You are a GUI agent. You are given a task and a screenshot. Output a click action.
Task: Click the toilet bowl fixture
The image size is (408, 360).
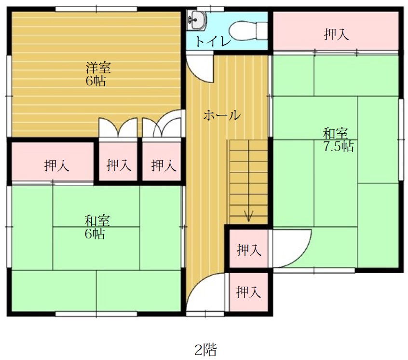click(248, 31)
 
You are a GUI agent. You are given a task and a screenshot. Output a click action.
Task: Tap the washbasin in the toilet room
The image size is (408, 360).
click(197, 20)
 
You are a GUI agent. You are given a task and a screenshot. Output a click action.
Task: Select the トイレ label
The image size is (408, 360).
click(213, 42)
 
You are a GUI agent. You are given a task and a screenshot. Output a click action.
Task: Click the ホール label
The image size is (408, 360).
click(222, 115)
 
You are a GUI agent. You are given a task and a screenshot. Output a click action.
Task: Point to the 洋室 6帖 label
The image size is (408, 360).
click(98, 74)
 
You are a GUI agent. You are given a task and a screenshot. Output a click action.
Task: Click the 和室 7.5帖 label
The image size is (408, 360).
click(338, 140)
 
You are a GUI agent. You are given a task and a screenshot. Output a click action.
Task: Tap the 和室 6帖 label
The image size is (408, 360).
click(96, 227)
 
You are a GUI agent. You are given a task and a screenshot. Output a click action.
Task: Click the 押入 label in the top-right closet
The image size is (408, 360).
click(336, 34)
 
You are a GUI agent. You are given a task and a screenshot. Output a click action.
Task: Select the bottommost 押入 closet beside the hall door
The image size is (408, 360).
click(248, 291)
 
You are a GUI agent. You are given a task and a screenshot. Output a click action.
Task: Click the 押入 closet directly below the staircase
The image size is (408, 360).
click(248, 249)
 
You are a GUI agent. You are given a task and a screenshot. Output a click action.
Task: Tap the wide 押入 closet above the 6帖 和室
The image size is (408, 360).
click(53, 161)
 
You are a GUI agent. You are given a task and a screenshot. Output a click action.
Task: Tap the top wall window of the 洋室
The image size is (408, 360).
click(96, 9)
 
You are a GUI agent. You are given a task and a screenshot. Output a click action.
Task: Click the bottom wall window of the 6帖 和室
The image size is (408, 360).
click(96, 314)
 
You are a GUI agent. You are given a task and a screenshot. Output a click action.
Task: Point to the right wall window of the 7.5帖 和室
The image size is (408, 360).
click(401, 140)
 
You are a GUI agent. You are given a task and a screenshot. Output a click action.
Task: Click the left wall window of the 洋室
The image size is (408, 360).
click(9, 96)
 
